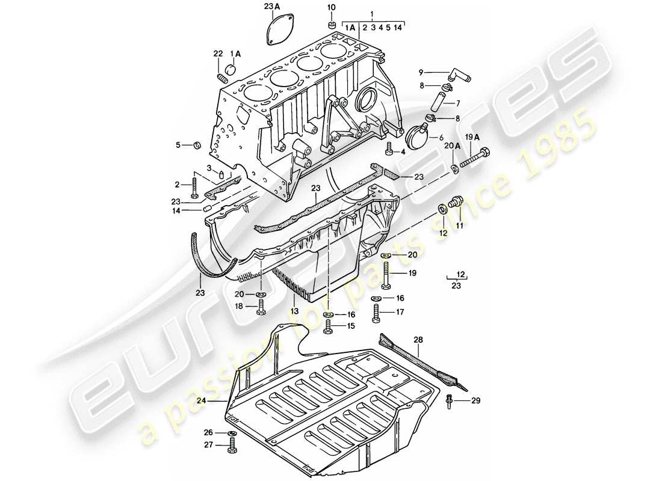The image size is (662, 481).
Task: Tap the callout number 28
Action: (418, 340)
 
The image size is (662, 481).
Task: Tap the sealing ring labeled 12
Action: (443, 208)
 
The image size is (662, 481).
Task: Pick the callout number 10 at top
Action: (331, 7)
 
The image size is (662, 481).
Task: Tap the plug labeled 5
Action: (196, 145)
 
